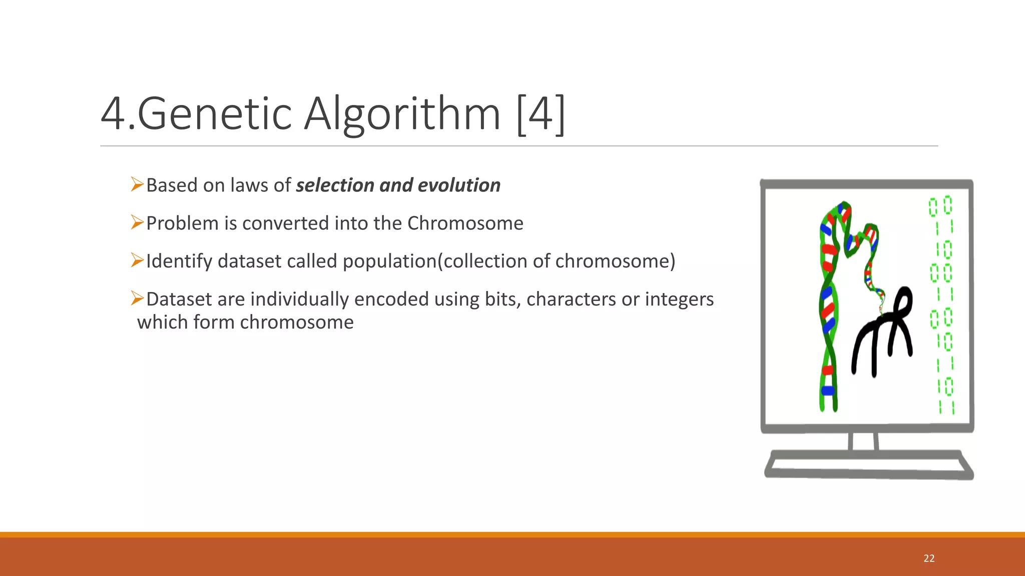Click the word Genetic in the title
pyautogui.click(x=214, y=114)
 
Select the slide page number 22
pyautogui.click(x=929, y=558)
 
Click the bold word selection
pyautogui.click(x=335, y=185)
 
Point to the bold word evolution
pyautogui.click(x=459, y=185)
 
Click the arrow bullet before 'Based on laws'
pyautogui.click(x=137, y=184)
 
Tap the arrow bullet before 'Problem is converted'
pyautogui.click(x=137, y=222)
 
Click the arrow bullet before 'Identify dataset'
pyautogui.click(x=137, y=260)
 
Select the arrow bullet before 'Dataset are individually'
pyautogui.click(x=137, y=298)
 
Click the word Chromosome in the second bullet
pyautogui.click(x=465, y=223)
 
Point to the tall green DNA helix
pyautogui.click(x=828, y=310)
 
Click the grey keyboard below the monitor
pyautogui.click(x=868, y=465)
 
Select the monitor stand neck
pyautogui.click(x=864, y=441)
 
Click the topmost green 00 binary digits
pyautogui.click(x=940, y=206)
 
